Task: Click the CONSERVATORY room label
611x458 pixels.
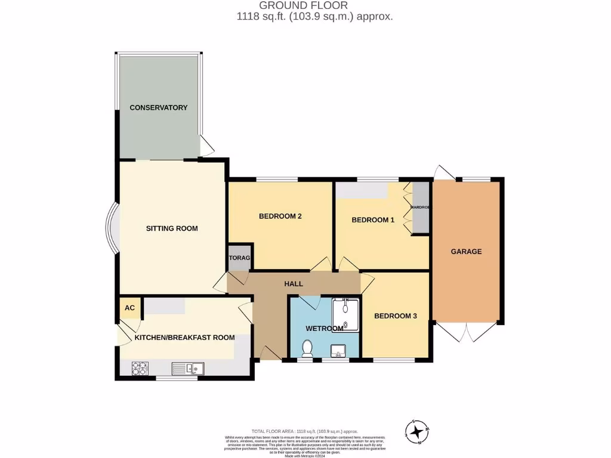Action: point(159,108)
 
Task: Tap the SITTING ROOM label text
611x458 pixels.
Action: point(172,228)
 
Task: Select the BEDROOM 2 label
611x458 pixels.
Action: point(280,216)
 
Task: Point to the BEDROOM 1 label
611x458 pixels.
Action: point(373,220)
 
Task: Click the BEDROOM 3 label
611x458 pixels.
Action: point(395,316)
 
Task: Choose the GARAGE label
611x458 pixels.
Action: point(466,252)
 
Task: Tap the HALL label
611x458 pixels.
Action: point(294,284)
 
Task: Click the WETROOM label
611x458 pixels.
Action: point(324,329)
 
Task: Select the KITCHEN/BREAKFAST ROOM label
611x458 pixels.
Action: point(184,338)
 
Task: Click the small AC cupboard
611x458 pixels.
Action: point(129,308)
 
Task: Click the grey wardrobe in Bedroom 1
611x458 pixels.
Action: point(421,208)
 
